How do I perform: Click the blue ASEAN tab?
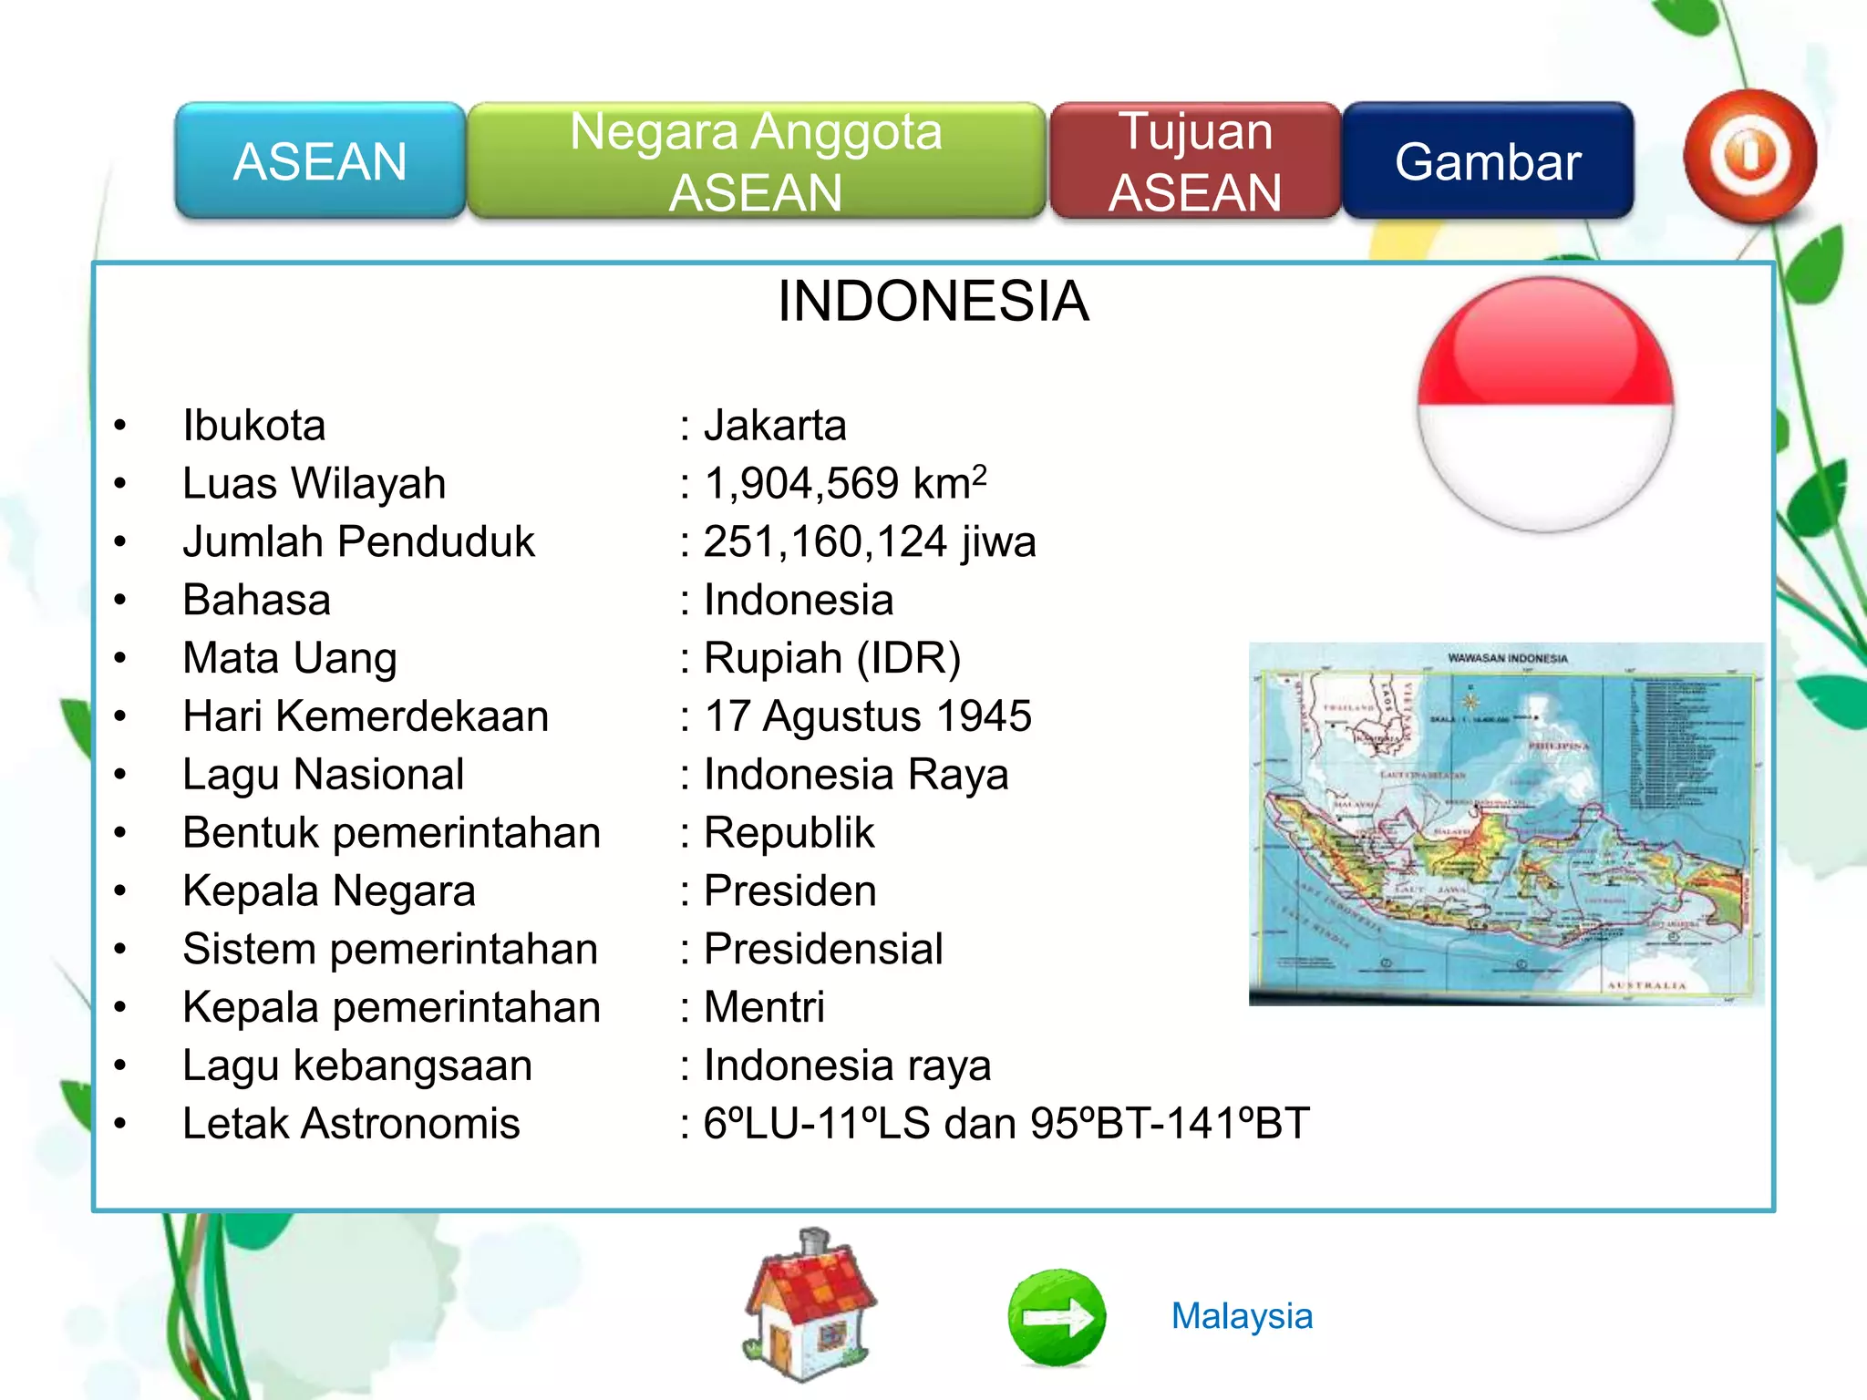[x=320, y=161]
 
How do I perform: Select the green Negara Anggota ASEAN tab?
[x=756, y=161]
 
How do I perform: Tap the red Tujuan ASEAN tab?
[x=1195, y=161]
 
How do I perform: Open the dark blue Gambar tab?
[x=1488, y=161]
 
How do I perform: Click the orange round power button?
[x=1748, y=156]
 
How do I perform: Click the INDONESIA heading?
[x=933, y=301]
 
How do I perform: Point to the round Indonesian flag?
[x=1545, y=405]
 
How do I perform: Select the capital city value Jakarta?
[x=775, y=426]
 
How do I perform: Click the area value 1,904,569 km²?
[x=844, y=483]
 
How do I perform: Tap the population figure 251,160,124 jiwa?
[x=869, y=541]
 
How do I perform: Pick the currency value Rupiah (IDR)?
[x=831, y=658]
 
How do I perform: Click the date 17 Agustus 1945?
[x=867, y=716]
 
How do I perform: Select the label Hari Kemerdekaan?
[x=366, y=716]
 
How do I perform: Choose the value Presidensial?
[x=822, y=949]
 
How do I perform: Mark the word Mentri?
[x=764, y=1007]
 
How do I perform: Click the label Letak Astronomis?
[x=351, y=1123]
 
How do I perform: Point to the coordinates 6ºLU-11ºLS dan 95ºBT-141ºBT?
[x=1006, y=1123]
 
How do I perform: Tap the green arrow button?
[x=1057, y=1317]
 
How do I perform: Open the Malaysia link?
[x=1242, y=1316]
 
